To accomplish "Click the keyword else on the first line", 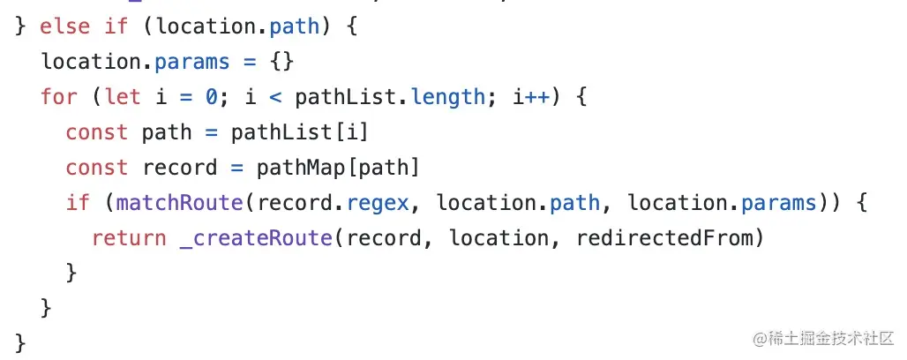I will pyautogui.click(x=65, y=26).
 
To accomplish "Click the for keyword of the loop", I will pyautogui.click(x=59, y=96).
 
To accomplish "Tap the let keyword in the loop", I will pyautogui.click(x=123, y=96).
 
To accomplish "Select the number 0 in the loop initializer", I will pyautogui.click(x=212, y=96).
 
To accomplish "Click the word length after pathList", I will pyautogui.click(x=447, y=96).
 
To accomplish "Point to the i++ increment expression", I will pyautogui.click(x=532, y=96).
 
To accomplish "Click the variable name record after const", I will pyautogui.click(x=179, y=167).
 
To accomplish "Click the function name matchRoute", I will pyautogui.click(x=179, y=203).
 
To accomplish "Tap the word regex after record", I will pyautogui.click(x=378, y=203).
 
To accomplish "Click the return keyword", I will pyautogui.click(x=129, y=238).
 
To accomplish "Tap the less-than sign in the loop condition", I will pyautogui.click(x=275, y=96).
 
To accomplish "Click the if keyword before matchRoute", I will pyautogui.click(x=78, y=203).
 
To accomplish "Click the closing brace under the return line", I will pyautogui.click(x=71, y=273).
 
